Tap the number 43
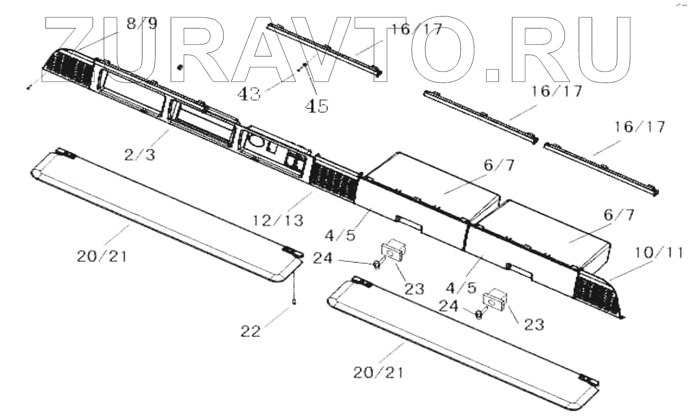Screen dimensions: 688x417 click(x=249, y=94)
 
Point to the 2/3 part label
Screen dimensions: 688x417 click(x=139, y=155)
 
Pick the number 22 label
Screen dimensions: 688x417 click(x=251, y=330)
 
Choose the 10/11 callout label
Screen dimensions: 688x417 click(x=659, y=252)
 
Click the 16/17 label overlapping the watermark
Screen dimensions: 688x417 click(x=416, y=30)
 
